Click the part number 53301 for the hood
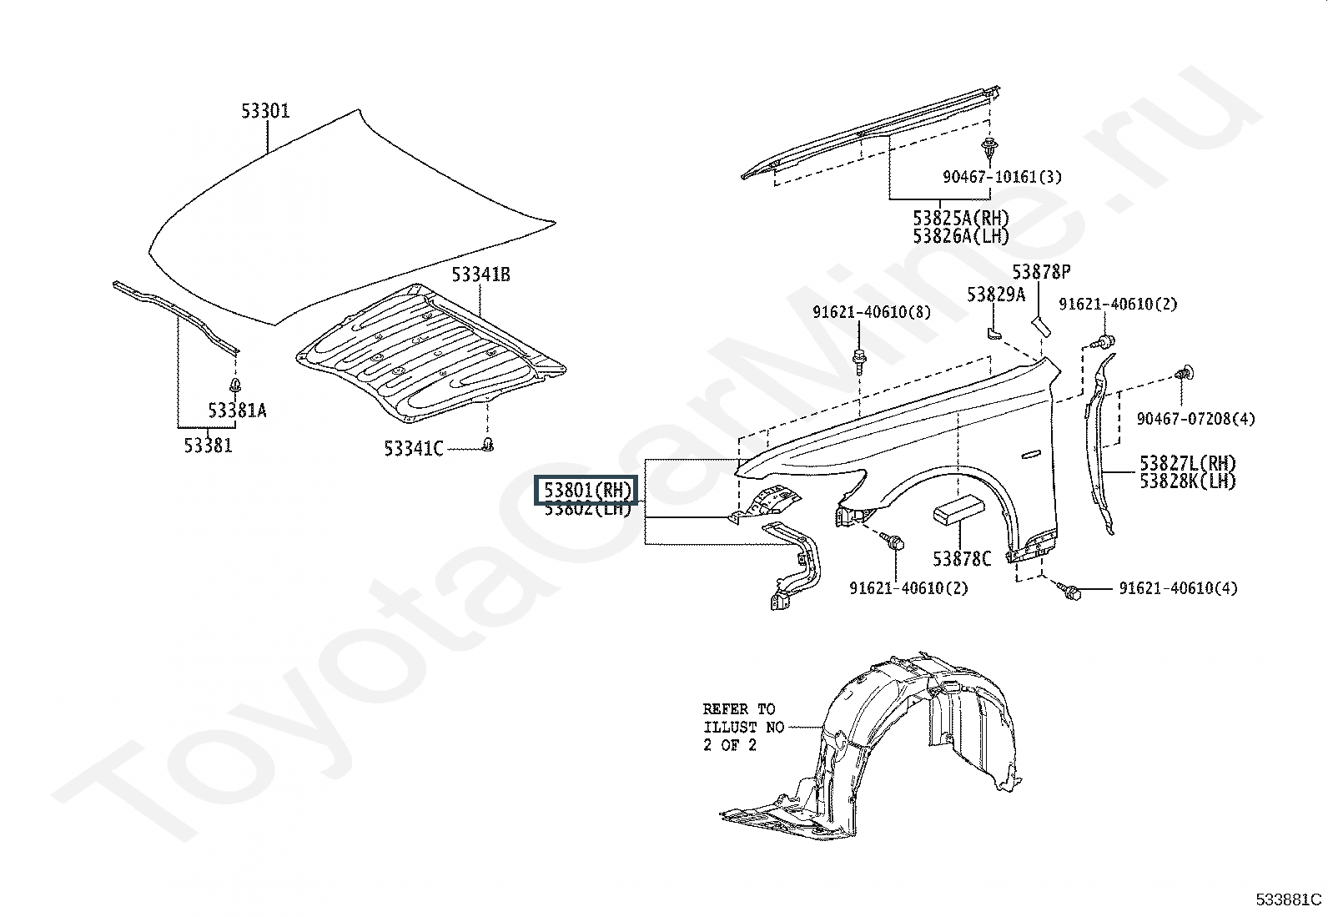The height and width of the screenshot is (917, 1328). (265, 111)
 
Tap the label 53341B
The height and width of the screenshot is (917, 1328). (480, 275)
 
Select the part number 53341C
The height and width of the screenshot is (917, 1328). (414, 448)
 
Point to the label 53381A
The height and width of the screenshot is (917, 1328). (237, 411)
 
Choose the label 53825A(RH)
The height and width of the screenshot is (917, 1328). (961, 218)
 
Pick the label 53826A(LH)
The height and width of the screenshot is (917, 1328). (961, 236)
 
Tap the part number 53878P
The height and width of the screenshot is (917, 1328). (1041, 272)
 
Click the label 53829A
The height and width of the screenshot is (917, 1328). (996, 295)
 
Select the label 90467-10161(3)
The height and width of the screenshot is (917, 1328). (1002, 177)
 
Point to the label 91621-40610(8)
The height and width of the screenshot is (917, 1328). (872, 312)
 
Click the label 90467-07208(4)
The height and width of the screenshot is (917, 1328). (1196, 419)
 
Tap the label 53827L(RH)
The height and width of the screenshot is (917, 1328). (1188, 462)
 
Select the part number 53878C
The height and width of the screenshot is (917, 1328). (962, 559)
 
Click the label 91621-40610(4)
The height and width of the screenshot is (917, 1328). (1178, 588)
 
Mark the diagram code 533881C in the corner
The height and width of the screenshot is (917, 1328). (1288, 899)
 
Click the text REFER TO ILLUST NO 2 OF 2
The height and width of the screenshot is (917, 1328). (743, 728)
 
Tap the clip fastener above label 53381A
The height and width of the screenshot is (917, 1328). (235, 385)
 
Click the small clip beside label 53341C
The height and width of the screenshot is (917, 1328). (487, 444)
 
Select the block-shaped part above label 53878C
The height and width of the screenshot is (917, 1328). (958, 510)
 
